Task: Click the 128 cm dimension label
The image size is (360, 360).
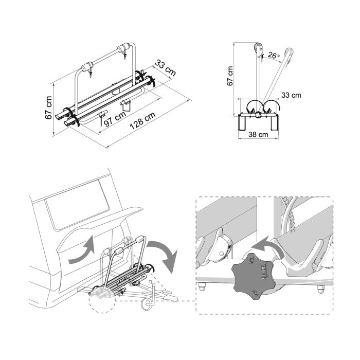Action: (142, 121)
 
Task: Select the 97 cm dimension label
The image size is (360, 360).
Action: (115, 119)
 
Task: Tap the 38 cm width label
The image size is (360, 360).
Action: (258, 134)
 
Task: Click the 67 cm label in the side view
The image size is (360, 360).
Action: (230, 76)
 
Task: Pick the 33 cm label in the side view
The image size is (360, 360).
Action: (291, 95)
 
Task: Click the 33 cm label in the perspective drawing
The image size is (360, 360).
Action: (165, 68)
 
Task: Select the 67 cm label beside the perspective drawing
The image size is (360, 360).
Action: (48, 107)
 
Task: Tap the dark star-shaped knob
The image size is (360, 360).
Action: (252, 276)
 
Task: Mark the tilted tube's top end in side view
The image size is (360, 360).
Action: (289, 51)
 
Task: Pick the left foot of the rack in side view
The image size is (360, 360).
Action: (242, 123)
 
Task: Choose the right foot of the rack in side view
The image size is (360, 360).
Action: (274, 123)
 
